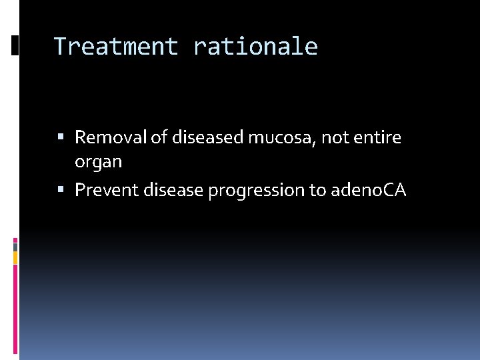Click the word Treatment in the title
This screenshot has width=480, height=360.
[x=115, y=47]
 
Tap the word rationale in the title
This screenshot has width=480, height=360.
[x=255, y=47]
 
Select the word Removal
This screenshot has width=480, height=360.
[x=111, y=137]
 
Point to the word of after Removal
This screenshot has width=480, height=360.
[x=159, y=137]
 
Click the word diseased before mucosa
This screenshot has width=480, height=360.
[x=207, y=137]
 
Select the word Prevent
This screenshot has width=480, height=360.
[x=103, y=190]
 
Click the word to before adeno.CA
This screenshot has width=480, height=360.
[x=317, y=190]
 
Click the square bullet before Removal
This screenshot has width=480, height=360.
[x=61, y=138]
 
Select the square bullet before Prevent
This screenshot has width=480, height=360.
[x=61, y=191]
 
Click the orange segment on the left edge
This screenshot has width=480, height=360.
[x=16, y=257]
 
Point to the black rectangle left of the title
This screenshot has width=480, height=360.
[x=16, y=45]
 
